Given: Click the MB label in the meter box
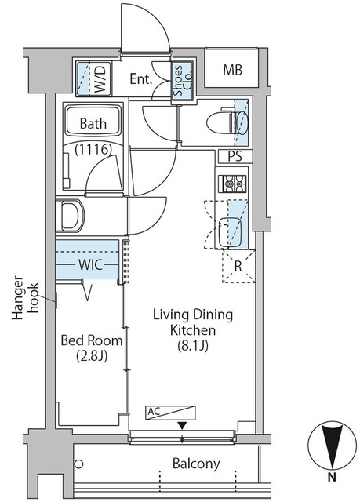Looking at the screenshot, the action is point(233,70).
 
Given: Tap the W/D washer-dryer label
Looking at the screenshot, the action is point(103,79).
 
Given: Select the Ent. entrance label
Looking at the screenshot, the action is point(141,78).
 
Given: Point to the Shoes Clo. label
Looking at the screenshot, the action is point(183,80).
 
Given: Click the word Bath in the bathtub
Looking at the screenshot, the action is point(93,123).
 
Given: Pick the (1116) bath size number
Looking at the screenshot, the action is point(93,149).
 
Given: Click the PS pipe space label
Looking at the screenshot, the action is point(235,157).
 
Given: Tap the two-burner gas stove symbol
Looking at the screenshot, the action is point(232,184).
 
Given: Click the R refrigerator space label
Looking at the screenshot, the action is point(238,267).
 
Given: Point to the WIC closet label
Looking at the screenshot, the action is point(90,265).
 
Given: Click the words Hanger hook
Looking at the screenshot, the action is point(25,298).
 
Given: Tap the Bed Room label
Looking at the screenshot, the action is point(92,340).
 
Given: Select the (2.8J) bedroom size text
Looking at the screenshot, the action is point(92,355).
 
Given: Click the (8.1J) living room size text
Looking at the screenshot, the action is point(193,345).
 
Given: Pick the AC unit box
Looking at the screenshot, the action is point(170,413).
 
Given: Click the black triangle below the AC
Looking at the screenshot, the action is point(182,425).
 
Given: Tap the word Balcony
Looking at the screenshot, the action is point(196,464).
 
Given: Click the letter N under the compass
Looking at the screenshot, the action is point(333,478).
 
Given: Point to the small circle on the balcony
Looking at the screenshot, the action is point(78,464).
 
